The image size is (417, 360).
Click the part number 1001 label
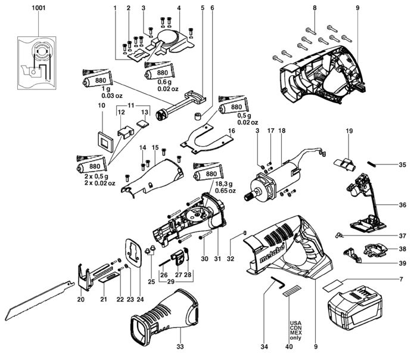(x=39, y=8)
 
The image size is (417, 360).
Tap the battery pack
(x=355, y=308)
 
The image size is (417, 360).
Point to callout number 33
(x=180, y=346)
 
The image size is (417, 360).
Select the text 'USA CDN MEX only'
(x=295, y=330)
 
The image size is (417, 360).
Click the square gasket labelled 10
(x=105, y=141)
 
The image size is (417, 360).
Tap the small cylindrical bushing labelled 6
(x=197, y=116)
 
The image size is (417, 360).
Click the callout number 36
(x=403, y=204)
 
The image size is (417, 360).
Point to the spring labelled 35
(x=372, y=165)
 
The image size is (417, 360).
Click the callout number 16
(x=232, y=131)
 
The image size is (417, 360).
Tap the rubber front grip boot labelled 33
(x=164, y=316)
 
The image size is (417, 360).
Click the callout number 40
(x=289, y=346)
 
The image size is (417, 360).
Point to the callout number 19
(x=349, y=131)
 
